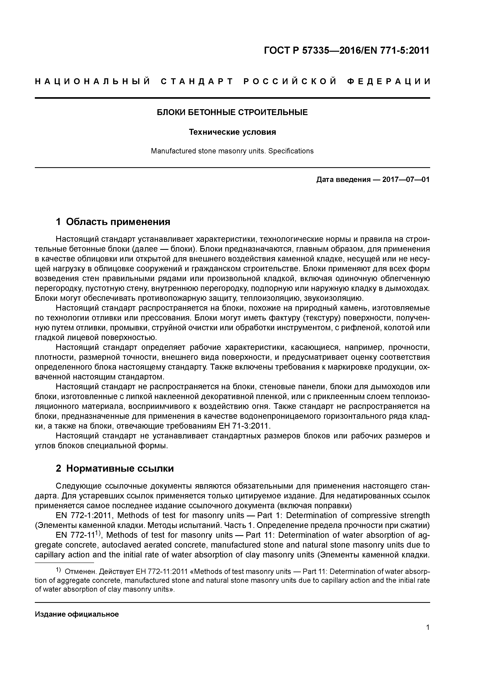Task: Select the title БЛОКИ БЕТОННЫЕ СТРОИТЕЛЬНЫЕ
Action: tap(232, 112)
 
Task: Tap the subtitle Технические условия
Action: tap(232, 132)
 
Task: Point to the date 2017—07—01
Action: tap(406, 180)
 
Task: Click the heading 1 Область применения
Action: tap(113, 222)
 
